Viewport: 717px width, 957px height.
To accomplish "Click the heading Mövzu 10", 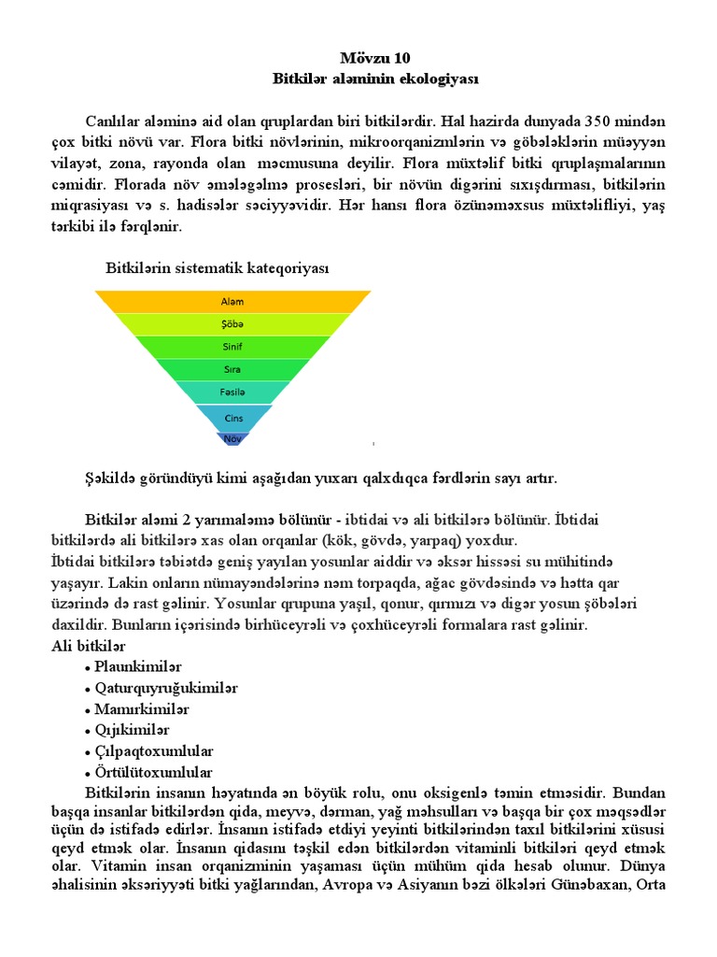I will click(358, 58).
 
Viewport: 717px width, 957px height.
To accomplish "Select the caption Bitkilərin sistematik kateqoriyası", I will click(217, 268).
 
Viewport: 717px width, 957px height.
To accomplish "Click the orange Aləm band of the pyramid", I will click(232, 302).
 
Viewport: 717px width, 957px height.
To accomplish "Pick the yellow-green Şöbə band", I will click(232, 324).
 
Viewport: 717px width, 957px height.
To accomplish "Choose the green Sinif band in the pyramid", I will click(232, 347).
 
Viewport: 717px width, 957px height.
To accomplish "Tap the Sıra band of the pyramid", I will click(232, 369).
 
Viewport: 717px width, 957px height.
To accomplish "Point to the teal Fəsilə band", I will click(232, 393).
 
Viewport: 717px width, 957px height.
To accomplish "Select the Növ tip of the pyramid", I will click(232, 437).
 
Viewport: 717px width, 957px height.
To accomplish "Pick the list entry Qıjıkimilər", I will click(133, 730).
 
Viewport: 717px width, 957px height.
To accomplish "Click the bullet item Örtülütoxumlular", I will click(154, 773).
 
